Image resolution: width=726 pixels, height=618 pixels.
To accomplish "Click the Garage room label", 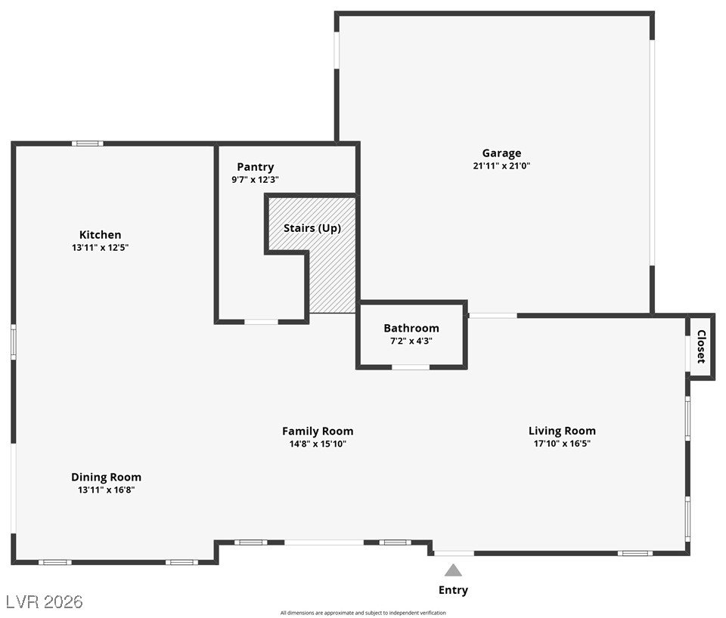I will [501, 153].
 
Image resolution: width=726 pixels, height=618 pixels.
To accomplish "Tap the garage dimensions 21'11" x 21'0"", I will [501, 166].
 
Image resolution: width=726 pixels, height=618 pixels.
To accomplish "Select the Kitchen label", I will [100, 235].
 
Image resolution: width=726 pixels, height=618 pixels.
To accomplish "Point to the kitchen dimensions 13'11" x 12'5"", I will [100, 248].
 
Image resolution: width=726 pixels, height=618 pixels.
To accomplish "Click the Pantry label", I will [255, 167].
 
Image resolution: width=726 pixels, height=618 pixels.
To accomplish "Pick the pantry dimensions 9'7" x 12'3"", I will [255, 180].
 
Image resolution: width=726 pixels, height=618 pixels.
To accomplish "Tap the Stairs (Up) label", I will [312, 228].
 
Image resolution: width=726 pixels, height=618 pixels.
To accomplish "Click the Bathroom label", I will [411, 328].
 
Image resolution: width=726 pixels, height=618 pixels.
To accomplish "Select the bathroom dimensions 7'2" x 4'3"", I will [411, 341].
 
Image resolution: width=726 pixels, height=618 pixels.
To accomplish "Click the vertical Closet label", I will [701, 347].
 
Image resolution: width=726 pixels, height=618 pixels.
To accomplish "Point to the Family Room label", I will [318, 431].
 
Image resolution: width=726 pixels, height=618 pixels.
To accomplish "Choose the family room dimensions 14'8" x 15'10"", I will [318, 444].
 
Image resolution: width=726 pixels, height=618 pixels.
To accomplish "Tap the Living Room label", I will [562, 431].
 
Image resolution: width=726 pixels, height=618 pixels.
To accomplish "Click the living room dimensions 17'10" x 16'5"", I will [562, 444].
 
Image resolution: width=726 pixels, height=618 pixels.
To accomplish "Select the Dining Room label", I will [106, 477].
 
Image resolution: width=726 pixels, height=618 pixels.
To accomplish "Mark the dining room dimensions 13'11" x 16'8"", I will [106, 490].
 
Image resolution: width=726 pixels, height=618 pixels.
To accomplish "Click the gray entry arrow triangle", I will [453, 570].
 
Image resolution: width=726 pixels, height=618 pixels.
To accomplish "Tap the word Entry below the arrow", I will [453, 590].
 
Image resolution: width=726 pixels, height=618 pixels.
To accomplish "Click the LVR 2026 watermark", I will [44, 602].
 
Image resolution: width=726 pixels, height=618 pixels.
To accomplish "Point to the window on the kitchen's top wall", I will [88, 144].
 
